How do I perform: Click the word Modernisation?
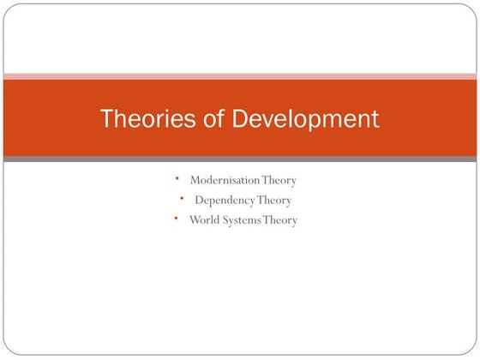point(225,180)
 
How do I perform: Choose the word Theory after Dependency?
point(273,201)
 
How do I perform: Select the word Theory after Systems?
point(282,220)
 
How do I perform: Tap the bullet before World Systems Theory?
point(175,219)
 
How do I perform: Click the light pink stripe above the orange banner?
point(240,75)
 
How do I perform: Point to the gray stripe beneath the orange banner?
point(240,159)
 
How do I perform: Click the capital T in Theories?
point(107,118)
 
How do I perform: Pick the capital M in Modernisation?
point(195,180)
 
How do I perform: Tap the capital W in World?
point(195,220)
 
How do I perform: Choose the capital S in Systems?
point(225,220)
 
